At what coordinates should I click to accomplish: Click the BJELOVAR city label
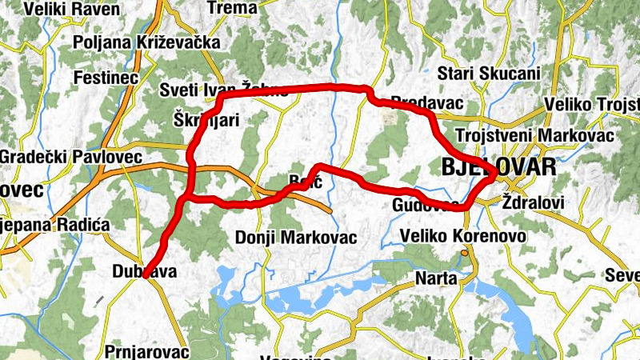[x=498, y=166]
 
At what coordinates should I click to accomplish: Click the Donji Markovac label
[x=296, y=238]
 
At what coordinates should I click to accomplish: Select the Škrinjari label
[x=206, y=120]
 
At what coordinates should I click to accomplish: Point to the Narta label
[x=436, y=278]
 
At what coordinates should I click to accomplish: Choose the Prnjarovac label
[x=146, y=351]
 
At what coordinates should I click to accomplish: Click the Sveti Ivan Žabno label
[x=223, y=90]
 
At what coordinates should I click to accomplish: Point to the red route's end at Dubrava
[x=145, y=277]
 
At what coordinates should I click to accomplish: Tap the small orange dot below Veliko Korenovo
[x=464, y=254]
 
